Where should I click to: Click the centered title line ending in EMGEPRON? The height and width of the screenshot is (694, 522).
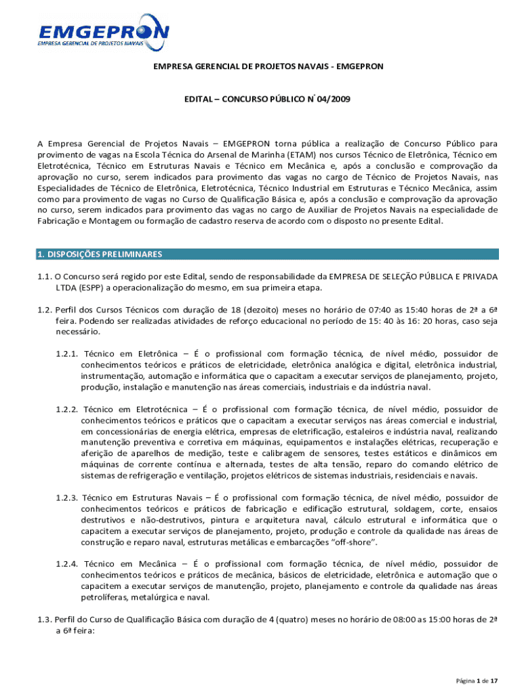coord(268,66)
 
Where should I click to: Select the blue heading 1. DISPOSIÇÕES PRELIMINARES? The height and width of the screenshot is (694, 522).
coord(99,254)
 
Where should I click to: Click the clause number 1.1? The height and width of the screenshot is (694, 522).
coord(44,277)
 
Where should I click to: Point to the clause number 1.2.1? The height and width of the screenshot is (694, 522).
coord(68,353)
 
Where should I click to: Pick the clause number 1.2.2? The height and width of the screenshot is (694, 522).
coord(68,409)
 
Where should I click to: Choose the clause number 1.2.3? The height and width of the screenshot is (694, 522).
coord(68,498)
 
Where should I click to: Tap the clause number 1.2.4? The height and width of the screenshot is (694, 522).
coord(68,564)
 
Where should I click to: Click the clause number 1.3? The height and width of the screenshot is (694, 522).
coord(44,619)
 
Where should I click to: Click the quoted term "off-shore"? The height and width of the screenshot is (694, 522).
coord(353,543)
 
